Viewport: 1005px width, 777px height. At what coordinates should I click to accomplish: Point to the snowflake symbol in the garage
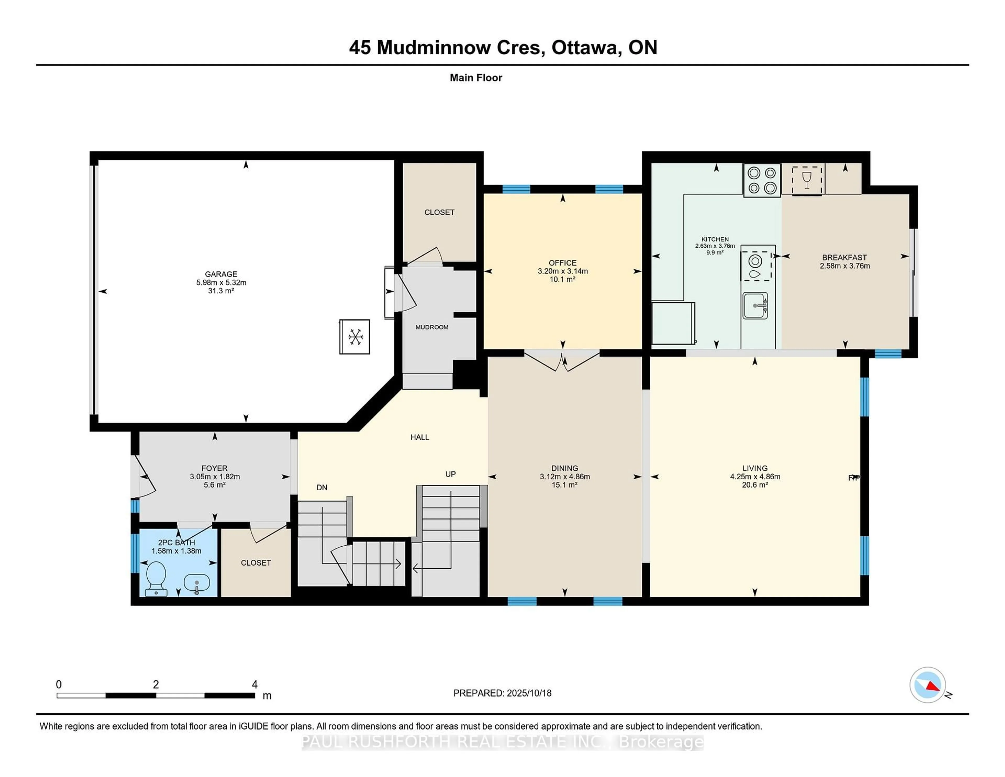point(355,337)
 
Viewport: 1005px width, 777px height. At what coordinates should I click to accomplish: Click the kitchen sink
point(755,305)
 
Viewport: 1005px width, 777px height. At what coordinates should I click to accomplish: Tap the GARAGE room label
point(221,274)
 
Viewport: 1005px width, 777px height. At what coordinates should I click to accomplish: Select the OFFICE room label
point(562,263)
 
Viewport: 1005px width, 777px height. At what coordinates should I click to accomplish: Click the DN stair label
point(322,487)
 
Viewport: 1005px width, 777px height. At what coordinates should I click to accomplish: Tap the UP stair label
point(450,474)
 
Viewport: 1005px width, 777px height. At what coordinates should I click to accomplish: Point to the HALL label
point(420,437)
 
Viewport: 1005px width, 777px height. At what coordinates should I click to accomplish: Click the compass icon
point(928,685)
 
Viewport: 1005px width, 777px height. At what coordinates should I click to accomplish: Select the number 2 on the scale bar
point(156,685)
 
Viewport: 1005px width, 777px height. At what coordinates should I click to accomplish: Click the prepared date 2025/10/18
point(529,693)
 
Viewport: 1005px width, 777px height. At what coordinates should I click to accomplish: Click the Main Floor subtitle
point(476,78)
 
